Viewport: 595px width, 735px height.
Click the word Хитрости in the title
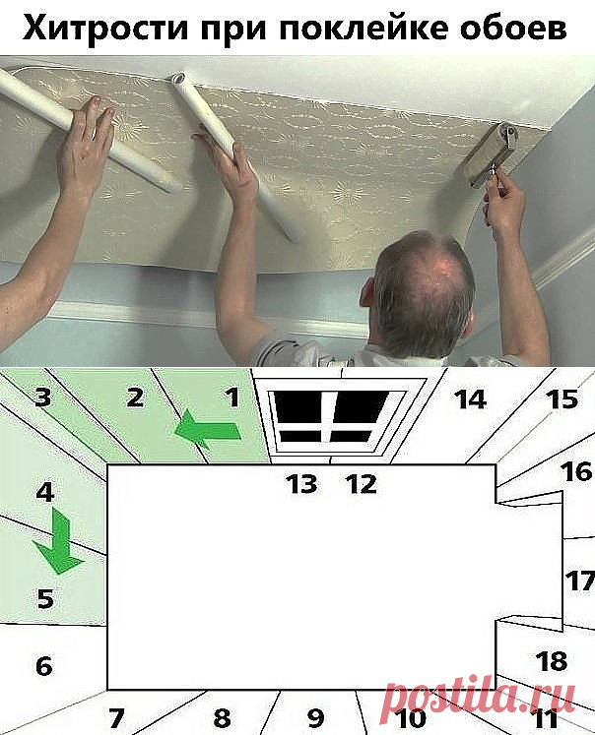click(x=105, y=28)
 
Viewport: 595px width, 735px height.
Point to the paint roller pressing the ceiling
click(x=491, y=153)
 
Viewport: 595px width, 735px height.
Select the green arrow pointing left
click(x=208, y=428)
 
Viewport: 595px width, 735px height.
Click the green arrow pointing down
click(x=58, y=541)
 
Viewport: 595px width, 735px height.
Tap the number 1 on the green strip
click(x=233, y=398)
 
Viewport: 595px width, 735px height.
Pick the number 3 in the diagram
click(x=42, y=397)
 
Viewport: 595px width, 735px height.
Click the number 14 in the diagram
click(x=470, y=399)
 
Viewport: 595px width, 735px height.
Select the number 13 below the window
click(x=301, y=483)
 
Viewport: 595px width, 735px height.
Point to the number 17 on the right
click(x=580, y=582)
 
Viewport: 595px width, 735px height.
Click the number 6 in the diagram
click(x=44, y=665)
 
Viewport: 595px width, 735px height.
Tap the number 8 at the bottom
click(x=222, y=717)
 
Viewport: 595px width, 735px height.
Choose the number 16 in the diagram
click(x=576, y=471)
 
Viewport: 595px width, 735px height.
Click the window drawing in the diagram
click(x=335, y=417)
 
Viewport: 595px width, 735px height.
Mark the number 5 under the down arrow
click(x=45, y=598)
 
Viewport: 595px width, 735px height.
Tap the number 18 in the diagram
click(x=552, y=661)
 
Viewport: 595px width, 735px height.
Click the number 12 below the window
click(x=361, y=484)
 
